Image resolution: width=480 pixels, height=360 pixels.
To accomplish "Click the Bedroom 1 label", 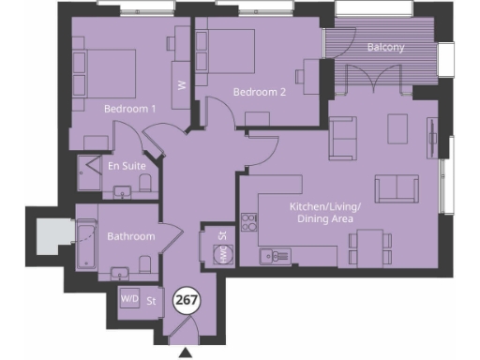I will [129, 109].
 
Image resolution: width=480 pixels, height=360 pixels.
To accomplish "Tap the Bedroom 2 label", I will [260, 93].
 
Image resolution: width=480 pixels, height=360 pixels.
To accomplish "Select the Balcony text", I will [385, 47].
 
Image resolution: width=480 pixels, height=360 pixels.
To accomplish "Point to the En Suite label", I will [127, 166].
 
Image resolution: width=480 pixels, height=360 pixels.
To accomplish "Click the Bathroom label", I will [130, 236].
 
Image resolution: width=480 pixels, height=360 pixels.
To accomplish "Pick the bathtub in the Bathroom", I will [85, 245].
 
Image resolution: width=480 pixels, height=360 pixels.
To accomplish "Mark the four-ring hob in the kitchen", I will [250, 222].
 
